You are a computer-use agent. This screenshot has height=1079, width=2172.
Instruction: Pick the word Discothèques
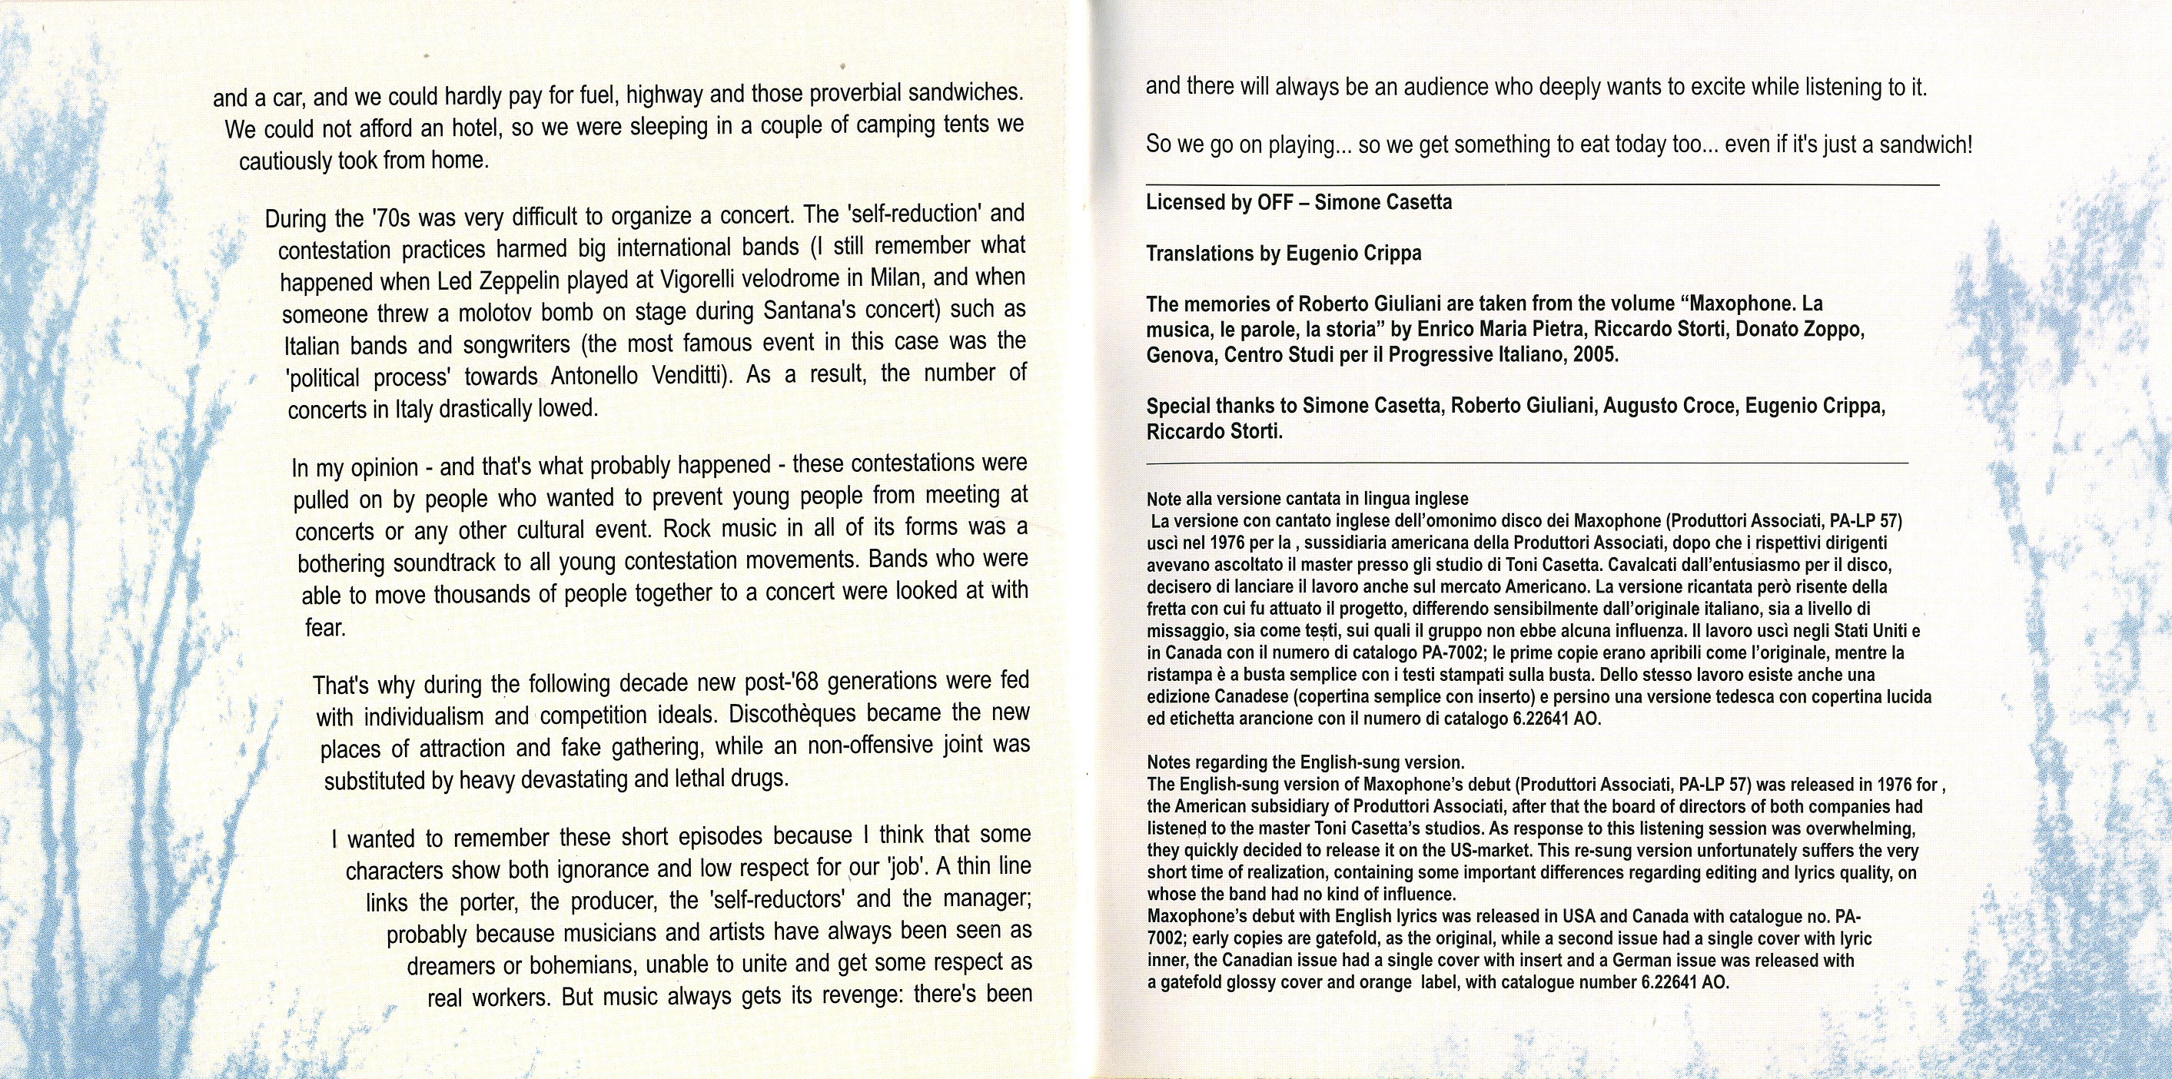pos(794,714)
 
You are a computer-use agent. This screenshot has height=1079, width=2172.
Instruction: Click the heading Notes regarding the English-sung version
pos(1305,763)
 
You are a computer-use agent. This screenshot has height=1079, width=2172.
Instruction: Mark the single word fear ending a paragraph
pos(324,628)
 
